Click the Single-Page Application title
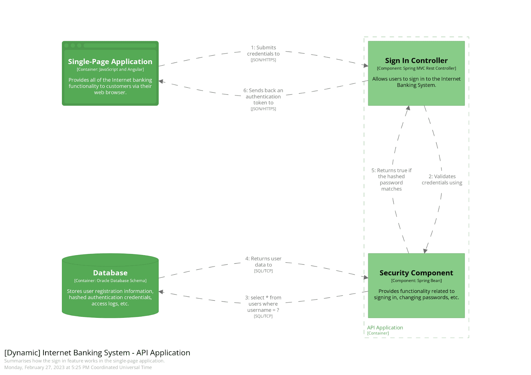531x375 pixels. [x=110, y=62]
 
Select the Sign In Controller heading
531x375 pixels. [x=416, y=61]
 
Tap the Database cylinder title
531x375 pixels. [x=110, y=273]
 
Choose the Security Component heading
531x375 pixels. [x=416, y=273]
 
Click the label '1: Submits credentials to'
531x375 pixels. [x=263, y=51]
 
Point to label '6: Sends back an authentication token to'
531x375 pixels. [x=263, y=96]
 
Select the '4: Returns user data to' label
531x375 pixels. [x=263, y=262]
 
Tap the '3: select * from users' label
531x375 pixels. [x=263, y=304]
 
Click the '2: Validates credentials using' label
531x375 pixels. [x=442, y=180]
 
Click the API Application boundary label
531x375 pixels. [x=385, y=327]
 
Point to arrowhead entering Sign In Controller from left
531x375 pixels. [x=366, y=65]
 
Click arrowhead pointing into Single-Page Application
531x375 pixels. [x=161, y=81]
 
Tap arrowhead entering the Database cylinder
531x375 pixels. [x=161, y=292]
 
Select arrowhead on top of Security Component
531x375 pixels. [x=425, y=251]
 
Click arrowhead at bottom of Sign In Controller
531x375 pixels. [x=408, y=108]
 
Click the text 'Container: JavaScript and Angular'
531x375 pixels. [x=110, y=69]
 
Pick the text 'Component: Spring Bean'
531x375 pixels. [x=416, y=281]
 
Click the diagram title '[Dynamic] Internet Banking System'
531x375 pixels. [x=97, y=352]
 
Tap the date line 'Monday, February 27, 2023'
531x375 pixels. [x=78, y=367]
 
